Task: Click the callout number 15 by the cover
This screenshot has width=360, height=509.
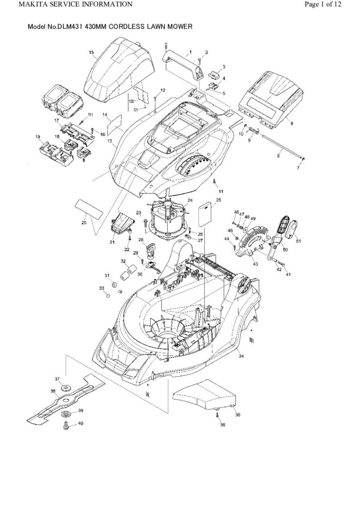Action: click(91, 52)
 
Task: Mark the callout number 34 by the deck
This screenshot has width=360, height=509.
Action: click(241, 356)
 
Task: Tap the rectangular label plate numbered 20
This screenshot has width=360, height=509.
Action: click(90, 207)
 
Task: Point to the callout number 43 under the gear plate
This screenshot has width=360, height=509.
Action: click(256, 263)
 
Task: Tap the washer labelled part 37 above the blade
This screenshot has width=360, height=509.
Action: click(65, 388)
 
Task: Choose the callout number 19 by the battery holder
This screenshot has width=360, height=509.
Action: click(37, 137)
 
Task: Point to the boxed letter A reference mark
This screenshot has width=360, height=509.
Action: click(147, 394)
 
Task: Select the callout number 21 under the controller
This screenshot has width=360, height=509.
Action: click(112, 242)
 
